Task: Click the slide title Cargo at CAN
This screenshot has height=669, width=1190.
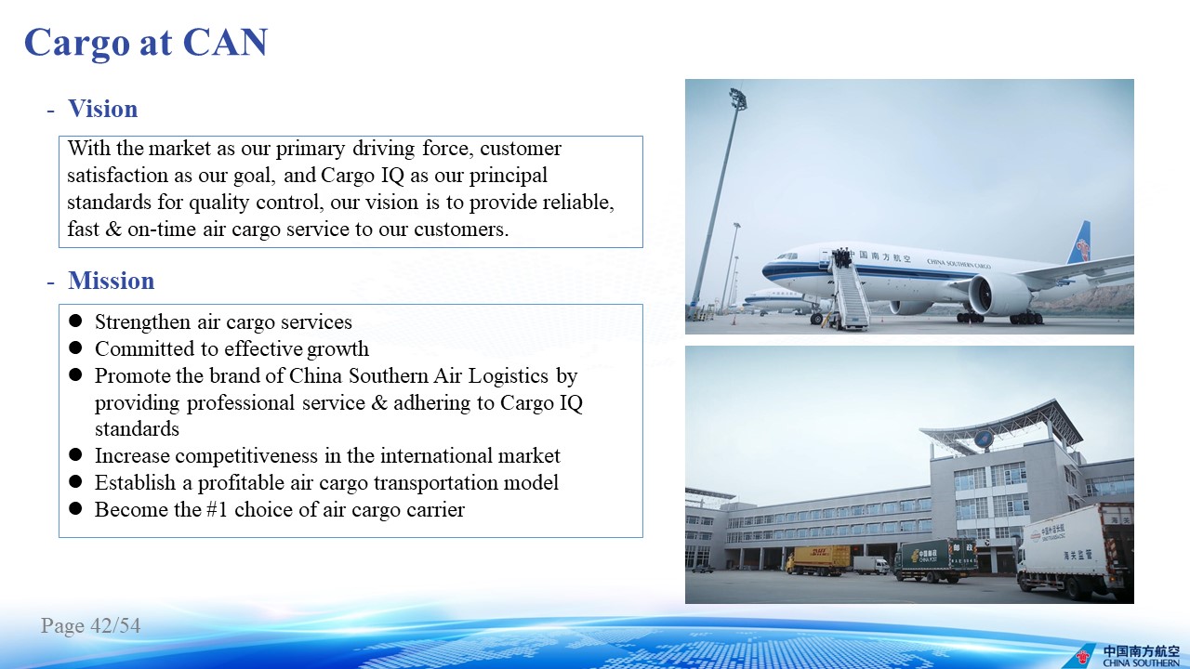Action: click(x=146, y=43)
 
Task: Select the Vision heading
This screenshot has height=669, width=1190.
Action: click(x=103, y=109)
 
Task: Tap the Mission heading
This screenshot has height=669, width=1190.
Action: click(x=111, y=281)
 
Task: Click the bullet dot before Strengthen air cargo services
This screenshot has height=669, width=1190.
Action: click(x=75, y=321)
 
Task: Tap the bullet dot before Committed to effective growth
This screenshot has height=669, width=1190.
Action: click(x=75, y=348)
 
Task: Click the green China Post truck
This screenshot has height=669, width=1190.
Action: click(x=935, y=560)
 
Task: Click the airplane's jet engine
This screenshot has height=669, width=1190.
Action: click(x=998, y=295)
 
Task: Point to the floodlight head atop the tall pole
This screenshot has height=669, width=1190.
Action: click(x=737, y=98)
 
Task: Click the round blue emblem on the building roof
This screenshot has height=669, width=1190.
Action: click(x=983, y=439)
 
